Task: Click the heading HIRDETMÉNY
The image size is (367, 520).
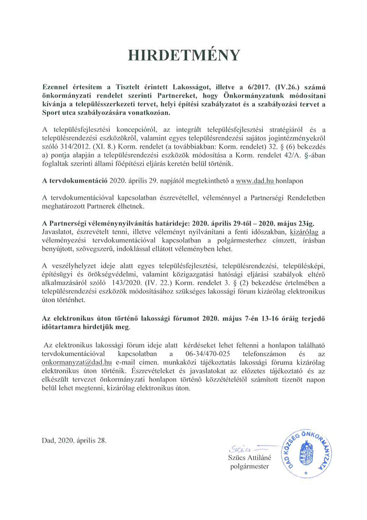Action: point(183,55)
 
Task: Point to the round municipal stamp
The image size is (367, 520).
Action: point(305,449)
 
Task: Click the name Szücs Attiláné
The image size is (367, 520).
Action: point(249,457)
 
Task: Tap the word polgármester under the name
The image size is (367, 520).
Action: point(249,467)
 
